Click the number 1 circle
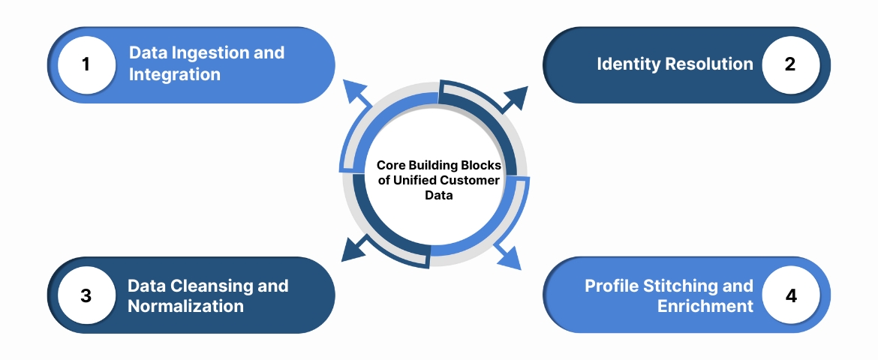[86, 64]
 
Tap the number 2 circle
[790, 64]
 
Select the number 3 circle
[86, 295]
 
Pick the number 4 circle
[790, 295]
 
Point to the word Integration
[175, 75]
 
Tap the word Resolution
[708, 64]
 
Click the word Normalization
[185, 307]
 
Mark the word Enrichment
[705, 307]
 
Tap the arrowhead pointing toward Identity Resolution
[517, 96]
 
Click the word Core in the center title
[390, 166]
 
